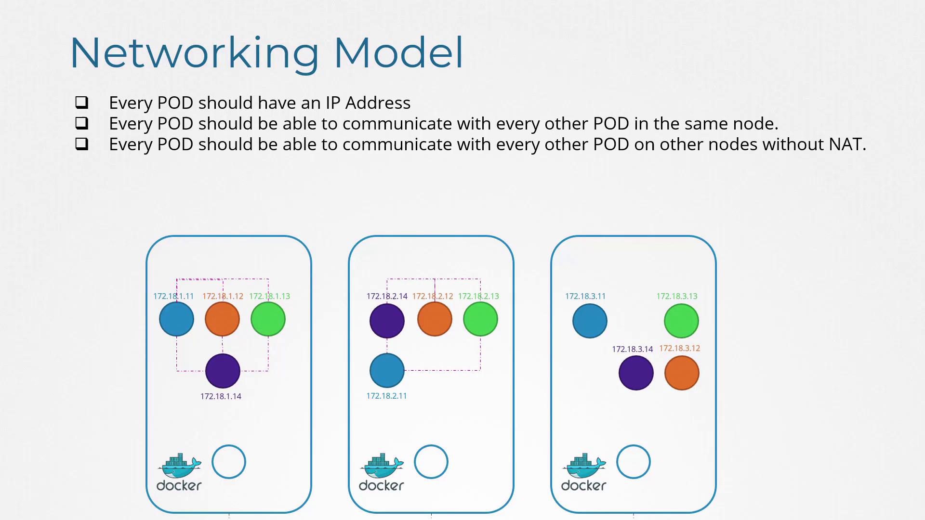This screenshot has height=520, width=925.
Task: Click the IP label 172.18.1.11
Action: [x=173, y=296]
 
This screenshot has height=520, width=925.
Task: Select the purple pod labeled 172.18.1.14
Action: [x=223, y=371]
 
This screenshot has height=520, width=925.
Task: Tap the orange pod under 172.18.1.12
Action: [x=222, y=319]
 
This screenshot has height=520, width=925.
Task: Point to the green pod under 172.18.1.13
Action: [x=268, y=319]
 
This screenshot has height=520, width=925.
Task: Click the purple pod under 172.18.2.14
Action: [x=387, y=321]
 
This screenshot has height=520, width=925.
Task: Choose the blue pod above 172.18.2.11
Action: [x=387, y=370]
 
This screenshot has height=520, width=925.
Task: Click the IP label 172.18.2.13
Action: [x=478, y=296]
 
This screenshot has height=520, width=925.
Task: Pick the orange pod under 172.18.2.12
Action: [x=435, y=319]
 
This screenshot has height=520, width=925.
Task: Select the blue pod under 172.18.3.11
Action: [x=590, y=321]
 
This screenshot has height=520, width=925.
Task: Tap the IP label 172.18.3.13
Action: [x=677, y=296]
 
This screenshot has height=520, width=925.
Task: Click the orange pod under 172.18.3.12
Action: [x=682, y=373]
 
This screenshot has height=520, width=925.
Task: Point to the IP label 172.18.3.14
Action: [x=633, y=349]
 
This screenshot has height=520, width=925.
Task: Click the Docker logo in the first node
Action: [x=179, y=472]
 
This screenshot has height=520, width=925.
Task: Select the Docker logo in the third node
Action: [x=584, y=472]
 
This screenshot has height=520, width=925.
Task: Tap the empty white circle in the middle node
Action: [x=431, y=462]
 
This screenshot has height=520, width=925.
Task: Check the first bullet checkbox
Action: [x=82, y=102]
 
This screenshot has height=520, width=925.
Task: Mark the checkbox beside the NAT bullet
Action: [x=82, y=143]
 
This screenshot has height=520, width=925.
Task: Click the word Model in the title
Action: [x=398, y=52]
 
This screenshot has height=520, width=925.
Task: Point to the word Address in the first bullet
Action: [x=378, y=103]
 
